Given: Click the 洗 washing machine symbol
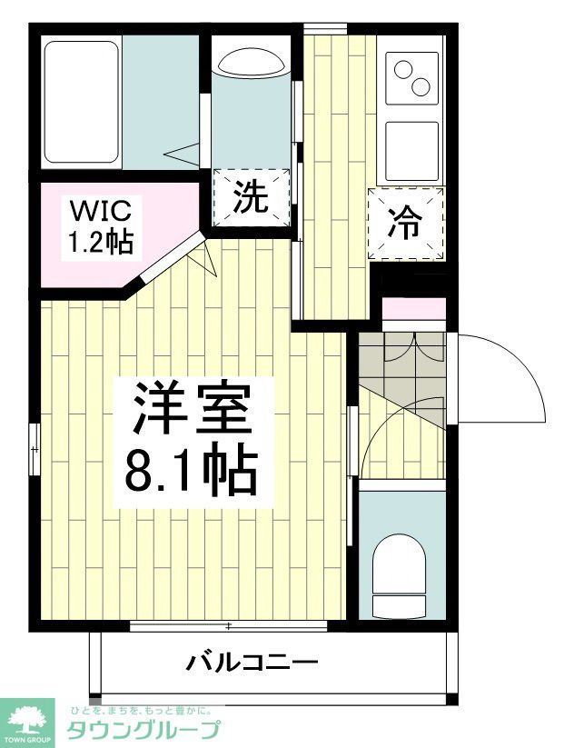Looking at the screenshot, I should coord(252,198).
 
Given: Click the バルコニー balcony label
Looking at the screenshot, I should coord(252,662).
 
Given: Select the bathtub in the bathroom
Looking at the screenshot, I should coord(83,102).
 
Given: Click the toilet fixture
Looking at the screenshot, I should coord(400,573).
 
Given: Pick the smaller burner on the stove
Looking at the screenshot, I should coord(421,86).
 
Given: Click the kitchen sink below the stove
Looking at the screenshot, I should coord(412,150).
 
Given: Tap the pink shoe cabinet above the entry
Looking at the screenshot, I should coord(413,307).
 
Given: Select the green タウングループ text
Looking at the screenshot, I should coord(143,730).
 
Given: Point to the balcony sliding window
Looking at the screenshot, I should coord(228,625).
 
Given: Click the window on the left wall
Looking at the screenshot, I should coord(35,448).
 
